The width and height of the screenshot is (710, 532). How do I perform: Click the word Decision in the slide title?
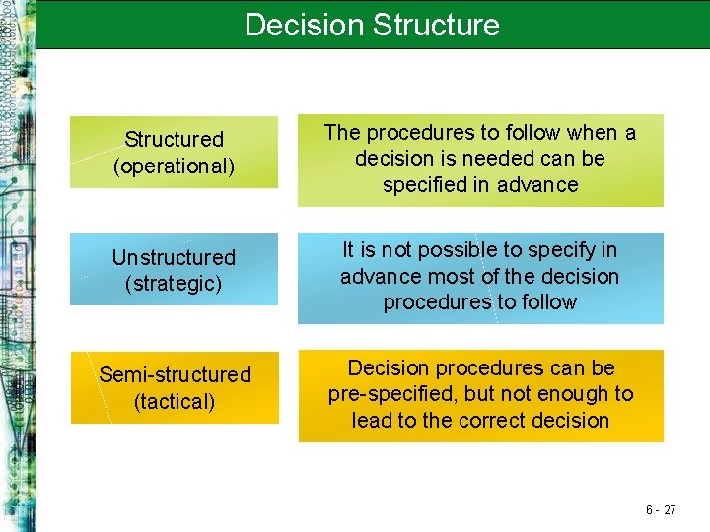coord(308,25)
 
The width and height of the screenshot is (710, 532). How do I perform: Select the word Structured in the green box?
coord(175,140)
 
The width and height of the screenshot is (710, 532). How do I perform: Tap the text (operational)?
coord(175,166)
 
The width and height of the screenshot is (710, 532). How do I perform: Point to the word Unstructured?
coord(175,258)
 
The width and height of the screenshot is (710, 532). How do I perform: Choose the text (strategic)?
coord(175,284)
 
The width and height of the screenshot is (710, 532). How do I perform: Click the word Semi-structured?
coord(175,375)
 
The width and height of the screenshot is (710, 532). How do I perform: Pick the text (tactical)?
coord(175,401)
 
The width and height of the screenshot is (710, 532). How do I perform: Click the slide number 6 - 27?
coord(661,509)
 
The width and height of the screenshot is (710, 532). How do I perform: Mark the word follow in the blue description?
coord(546,302)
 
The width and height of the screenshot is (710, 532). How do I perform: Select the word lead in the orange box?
coord(373,421)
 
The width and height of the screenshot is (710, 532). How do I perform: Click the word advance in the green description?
coord(540,185)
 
